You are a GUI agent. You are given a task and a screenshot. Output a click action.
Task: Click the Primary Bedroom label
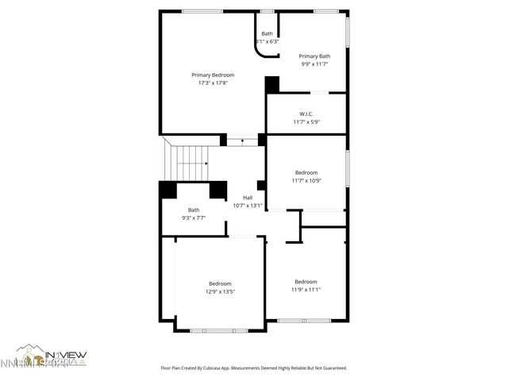click(212, 75)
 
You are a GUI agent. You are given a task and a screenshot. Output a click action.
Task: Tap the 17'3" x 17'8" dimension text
click(212, 82)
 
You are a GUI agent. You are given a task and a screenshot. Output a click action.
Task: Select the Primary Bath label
click(314, 56)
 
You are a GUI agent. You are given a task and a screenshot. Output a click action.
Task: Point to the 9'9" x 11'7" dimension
click(314, 63)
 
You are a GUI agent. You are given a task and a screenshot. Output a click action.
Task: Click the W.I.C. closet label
click(306, 114)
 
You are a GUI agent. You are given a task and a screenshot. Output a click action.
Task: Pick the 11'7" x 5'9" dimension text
click(306, 121)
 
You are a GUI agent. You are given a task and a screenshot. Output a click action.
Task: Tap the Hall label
click(248, 198)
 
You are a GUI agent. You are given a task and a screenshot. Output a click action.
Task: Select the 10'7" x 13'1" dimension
click(248, 205)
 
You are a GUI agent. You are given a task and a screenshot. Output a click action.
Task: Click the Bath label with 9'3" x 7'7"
click(194, 210)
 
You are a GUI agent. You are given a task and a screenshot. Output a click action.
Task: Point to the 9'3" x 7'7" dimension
click(194, 217)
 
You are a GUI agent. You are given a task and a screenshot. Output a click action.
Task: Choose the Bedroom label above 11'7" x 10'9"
click(306, 173)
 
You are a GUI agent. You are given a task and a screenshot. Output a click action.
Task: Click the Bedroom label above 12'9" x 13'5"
click(220, 284)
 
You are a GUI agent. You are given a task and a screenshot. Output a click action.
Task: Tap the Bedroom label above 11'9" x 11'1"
click(306, 282)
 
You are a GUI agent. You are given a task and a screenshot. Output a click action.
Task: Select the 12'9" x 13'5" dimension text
click(220, 291)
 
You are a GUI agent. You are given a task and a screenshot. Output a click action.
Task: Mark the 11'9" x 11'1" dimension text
click(306, 289)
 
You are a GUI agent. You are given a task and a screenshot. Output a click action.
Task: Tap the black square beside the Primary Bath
click(272, 84)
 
